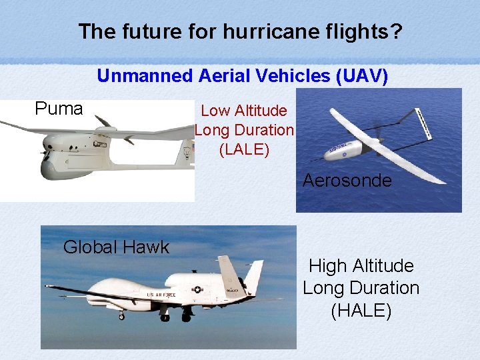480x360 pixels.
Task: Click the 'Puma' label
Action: click(59, 108)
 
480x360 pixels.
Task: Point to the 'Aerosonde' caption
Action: click(347, 181)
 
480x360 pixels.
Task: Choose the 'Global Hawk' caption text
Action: click(116, 247)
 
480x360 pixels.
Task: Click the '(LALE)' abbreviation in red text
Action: click(244, 150)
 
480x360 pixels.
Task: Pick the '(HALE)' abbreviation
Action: click(361, 310)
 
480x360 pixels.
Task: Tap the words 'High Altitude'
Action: click(361, 266)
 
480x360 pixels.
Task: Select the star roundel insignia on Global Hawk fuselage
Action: click(198, 290)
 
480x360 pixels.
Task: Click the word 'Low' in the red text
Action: click(214, 111)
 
